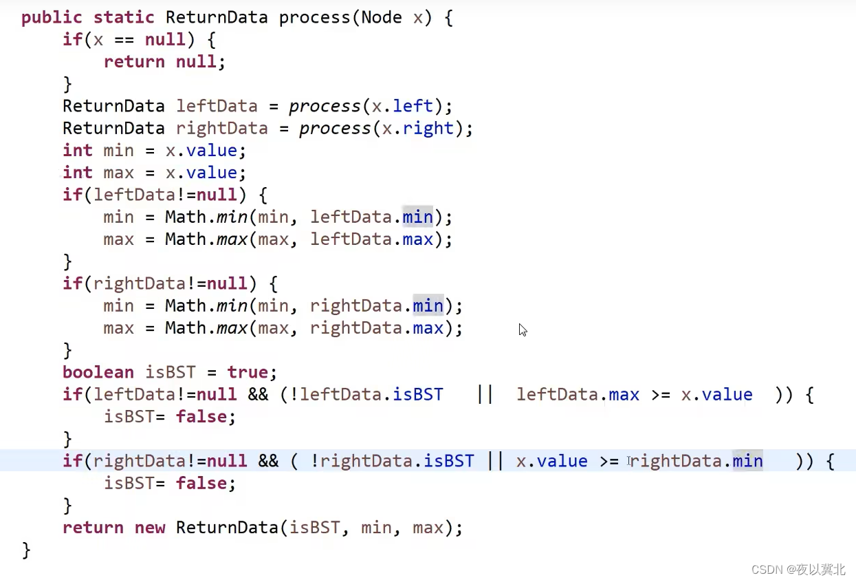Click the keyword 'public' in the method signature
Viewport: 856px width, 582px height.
52,17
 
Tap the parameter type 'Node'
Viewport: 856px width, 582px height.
381,17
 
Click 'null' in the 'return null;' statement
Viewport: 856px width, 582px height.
196,62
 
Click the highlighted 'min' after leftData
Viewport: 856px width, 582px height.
418,217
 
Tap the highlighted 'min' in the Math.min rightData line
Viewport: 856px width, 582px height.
428,305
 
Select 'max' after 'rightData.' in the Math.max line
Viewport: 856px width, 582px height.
428,328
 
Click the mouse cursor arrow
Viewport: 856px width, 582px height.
522,329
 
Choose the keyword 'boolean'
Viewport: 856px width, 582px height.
98,372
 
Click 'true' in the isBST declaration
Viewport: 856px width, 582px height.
247,372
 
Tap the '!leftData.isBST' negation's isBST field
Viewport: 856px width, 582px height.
418,395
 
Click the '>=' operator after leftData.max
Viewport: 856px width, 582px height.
660,395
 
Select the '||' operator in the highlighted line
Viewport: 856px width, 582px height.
495,461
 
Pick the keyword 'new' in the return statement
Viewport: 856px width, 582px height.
150,528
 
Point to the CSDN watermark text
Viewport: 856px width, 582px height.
798,570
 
